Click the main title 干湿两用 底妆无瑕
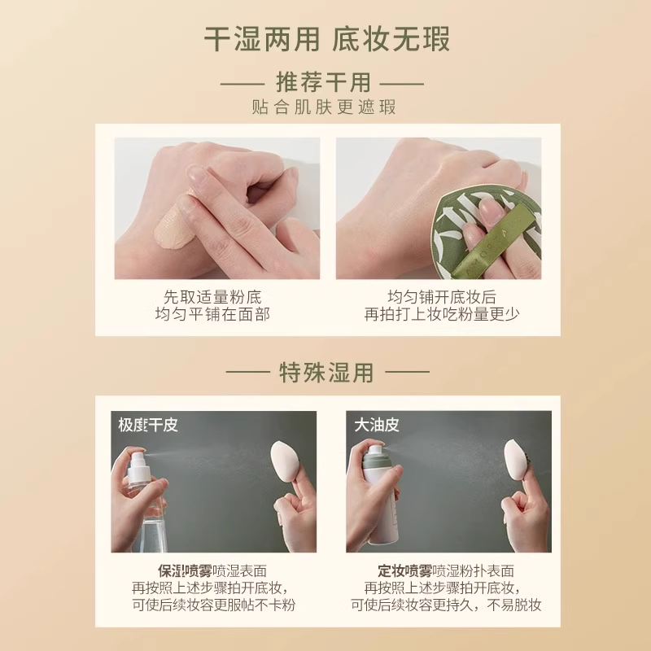(x=325, y=39)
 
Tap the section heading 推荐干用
(x=323, y=83)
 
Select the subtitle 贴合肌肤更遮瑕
(x=324, y=108)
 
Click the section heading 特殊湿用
(x=326, y=373)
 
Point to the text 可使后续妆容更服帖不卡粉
(x=212, y=605)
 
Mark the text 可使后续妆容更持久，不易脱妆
(x=446, y=605)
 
